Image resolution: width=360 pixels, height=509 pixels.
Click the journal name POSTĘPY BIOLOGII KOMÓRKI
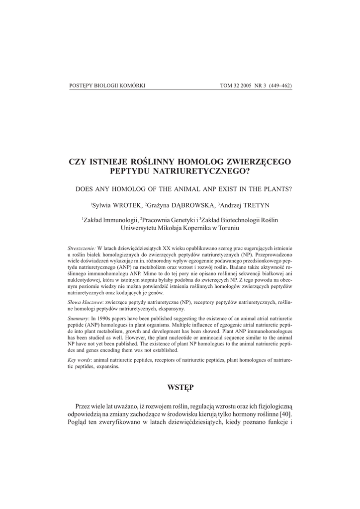point(107,85)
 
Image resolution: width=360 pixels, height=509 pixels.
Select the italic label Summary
point(78,318)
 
